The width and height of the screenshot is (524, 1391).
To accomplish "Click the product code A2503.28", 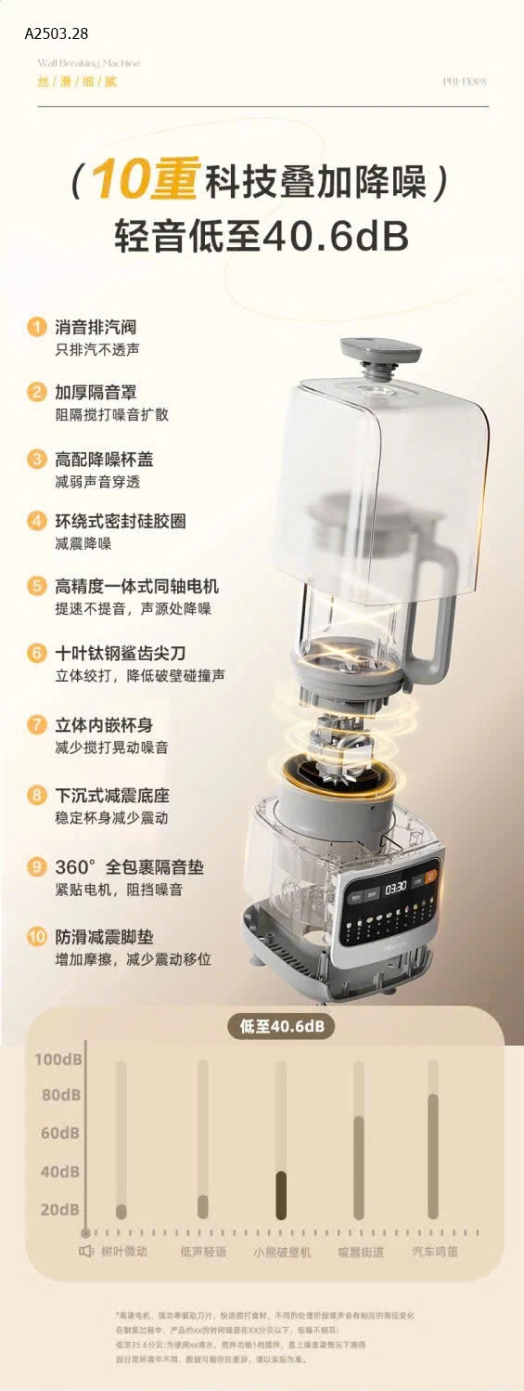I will (57, 33).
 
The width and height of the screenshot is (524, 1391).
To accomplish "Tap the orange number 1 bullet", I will (36, 327).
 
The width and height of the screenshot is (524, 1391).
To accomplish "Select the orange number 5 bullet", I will (36, 586).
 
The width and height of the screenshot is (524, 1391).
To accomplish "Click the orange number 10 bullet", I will (36, 936).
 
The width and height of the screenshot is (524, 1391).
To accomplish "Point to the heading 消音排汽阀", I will (96, 327).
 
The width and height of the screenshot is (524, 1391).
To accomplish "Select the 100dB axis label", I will (58, 1059).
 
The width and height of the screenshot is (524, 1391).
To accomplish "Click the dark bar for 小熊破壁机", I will (281, 1195).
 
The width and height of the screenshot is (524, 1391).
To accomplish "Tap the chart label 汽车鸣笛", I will (435, 1252).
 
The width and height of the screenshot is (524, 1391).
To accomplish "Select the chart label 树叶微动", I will (124, 1252).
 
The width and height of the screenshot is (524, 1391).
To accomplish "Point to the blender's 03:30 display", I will (396, 887).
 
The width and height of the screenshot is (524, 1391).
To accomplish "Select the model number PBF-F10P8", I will (466, 82).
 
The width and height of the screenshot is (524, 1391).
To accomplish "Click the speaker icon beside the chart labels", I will (86, 1252).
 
